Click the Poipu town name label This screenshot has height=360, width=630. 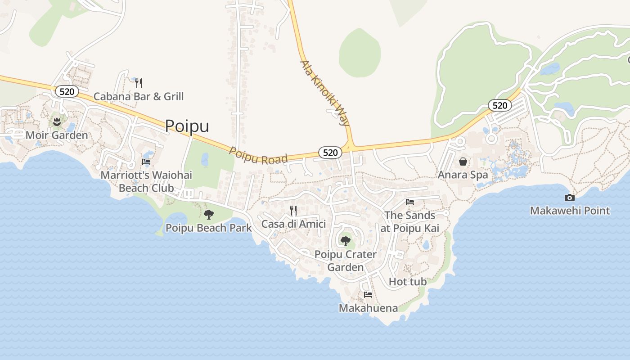pos(187,126)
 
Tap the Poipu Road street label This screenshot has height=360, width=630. pos(258,156)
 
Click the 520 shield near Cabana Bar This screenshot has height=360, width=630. pos(67,92)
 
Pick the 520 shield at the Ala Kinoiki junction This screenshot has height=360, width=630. pos(330,153)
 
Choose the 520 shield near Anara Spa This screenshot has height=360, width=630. pos(499,105)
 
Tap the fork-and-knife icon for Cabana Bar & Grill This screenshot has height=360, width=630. pos(139,83)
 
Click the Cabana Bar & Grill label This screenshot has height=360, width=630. pos(139,96)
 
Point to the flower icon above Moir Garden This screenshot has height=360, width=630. pos(57,121)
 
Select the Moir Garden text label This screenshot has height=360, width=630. pos(57,135)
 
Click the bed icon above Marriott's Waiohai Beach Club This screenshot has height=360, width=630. pos(146,162)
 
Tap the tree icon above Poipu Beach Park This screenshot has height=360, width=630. pos(208,215)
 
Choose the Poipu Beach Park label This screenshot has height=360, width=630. pos(208,228)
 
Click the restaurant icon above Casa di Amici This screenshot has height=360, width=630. pos(293,211)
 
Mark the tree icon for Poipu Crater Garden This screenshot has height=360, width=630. pos(345,241)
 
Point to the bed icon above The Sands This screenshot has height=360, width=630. pos(409,202)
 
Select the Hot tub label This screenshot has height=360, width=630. pos(407,282)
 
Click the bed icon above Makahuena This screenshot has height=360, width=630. pos(368,295)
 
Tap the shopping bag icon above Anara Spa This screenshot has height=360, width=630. pos(463,162)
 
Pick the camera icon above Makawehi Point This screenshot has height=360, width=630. pos(569,198)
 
